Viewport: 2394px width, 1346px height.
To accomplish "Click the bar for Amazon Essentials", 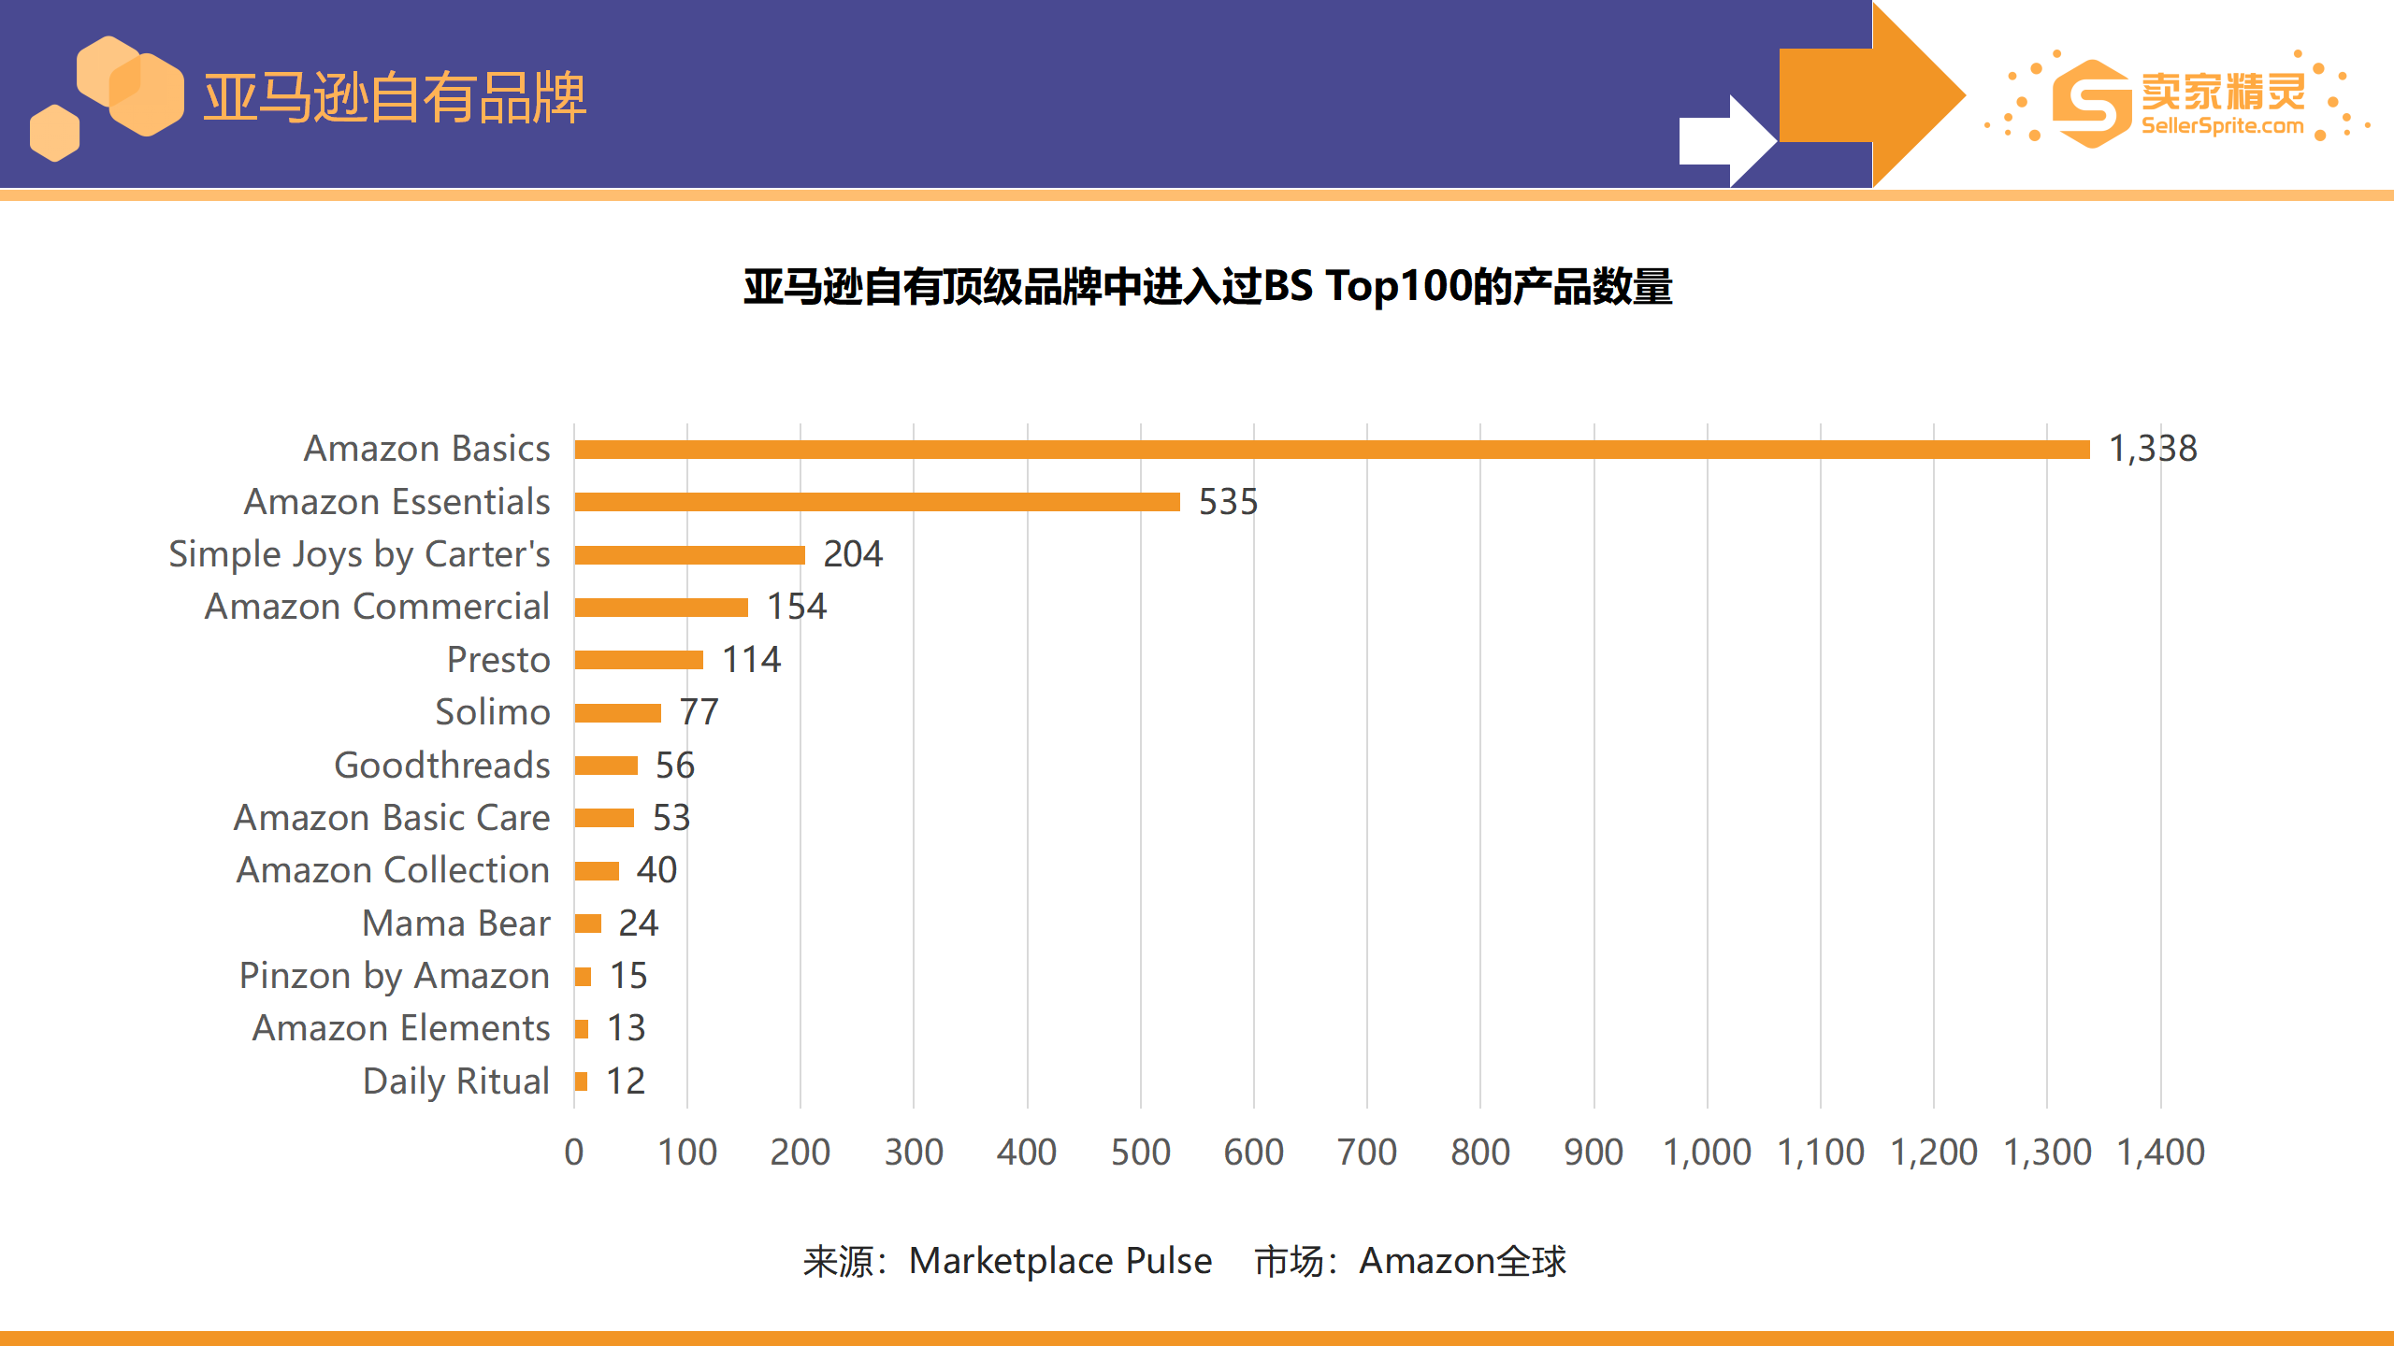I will (877, 502).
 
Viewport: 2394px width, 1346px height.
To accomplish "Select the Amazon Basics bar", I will (1332, 450).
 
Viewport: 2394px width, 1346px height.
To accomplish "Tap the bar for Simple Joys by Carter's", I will (690, 555).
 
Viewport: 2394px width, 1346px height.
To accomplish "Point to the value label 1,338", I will (2153, 450).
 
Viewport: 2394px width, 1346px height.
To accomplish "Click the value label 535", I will (1228, 502).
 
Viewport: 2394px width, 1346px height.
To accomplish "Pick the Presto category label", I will (498, 660).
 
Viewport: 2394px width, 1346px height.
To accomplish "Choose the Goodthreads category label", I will (442, 766).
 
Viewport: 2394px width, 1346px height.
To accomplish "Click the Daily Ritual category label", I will (456, 1081).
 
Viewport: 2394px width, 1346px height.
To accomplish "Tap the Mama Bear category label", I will (456, 924).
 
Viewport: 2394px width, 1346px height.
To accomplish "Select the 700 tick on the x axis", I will (1366, 1153).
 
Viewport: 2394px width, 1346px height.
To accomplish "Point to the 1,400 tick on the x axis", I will (2160, 1153).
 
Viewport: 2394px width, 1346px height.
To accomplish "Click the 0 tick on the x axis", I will (574, 1153).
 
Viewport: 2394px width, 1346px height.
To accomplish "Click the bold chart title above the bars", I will (1207, 287).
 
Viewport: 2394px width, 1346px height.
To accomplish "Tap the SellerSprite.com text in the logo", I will (2222, 126).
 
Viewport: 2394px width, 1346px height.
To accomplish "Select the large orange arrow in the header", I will (1870, 93).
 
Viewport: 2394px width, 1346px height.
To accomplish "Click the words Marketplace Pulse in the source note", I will (1060, 1261).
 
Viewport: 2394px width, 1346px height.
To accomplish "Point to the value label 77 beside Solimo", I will (699, 712).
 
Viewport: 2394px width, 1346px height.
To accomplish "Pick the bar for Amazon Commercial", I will (661, 608).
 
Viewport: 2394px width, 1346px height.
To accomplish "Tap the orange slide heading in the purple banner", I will (395, 97).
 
